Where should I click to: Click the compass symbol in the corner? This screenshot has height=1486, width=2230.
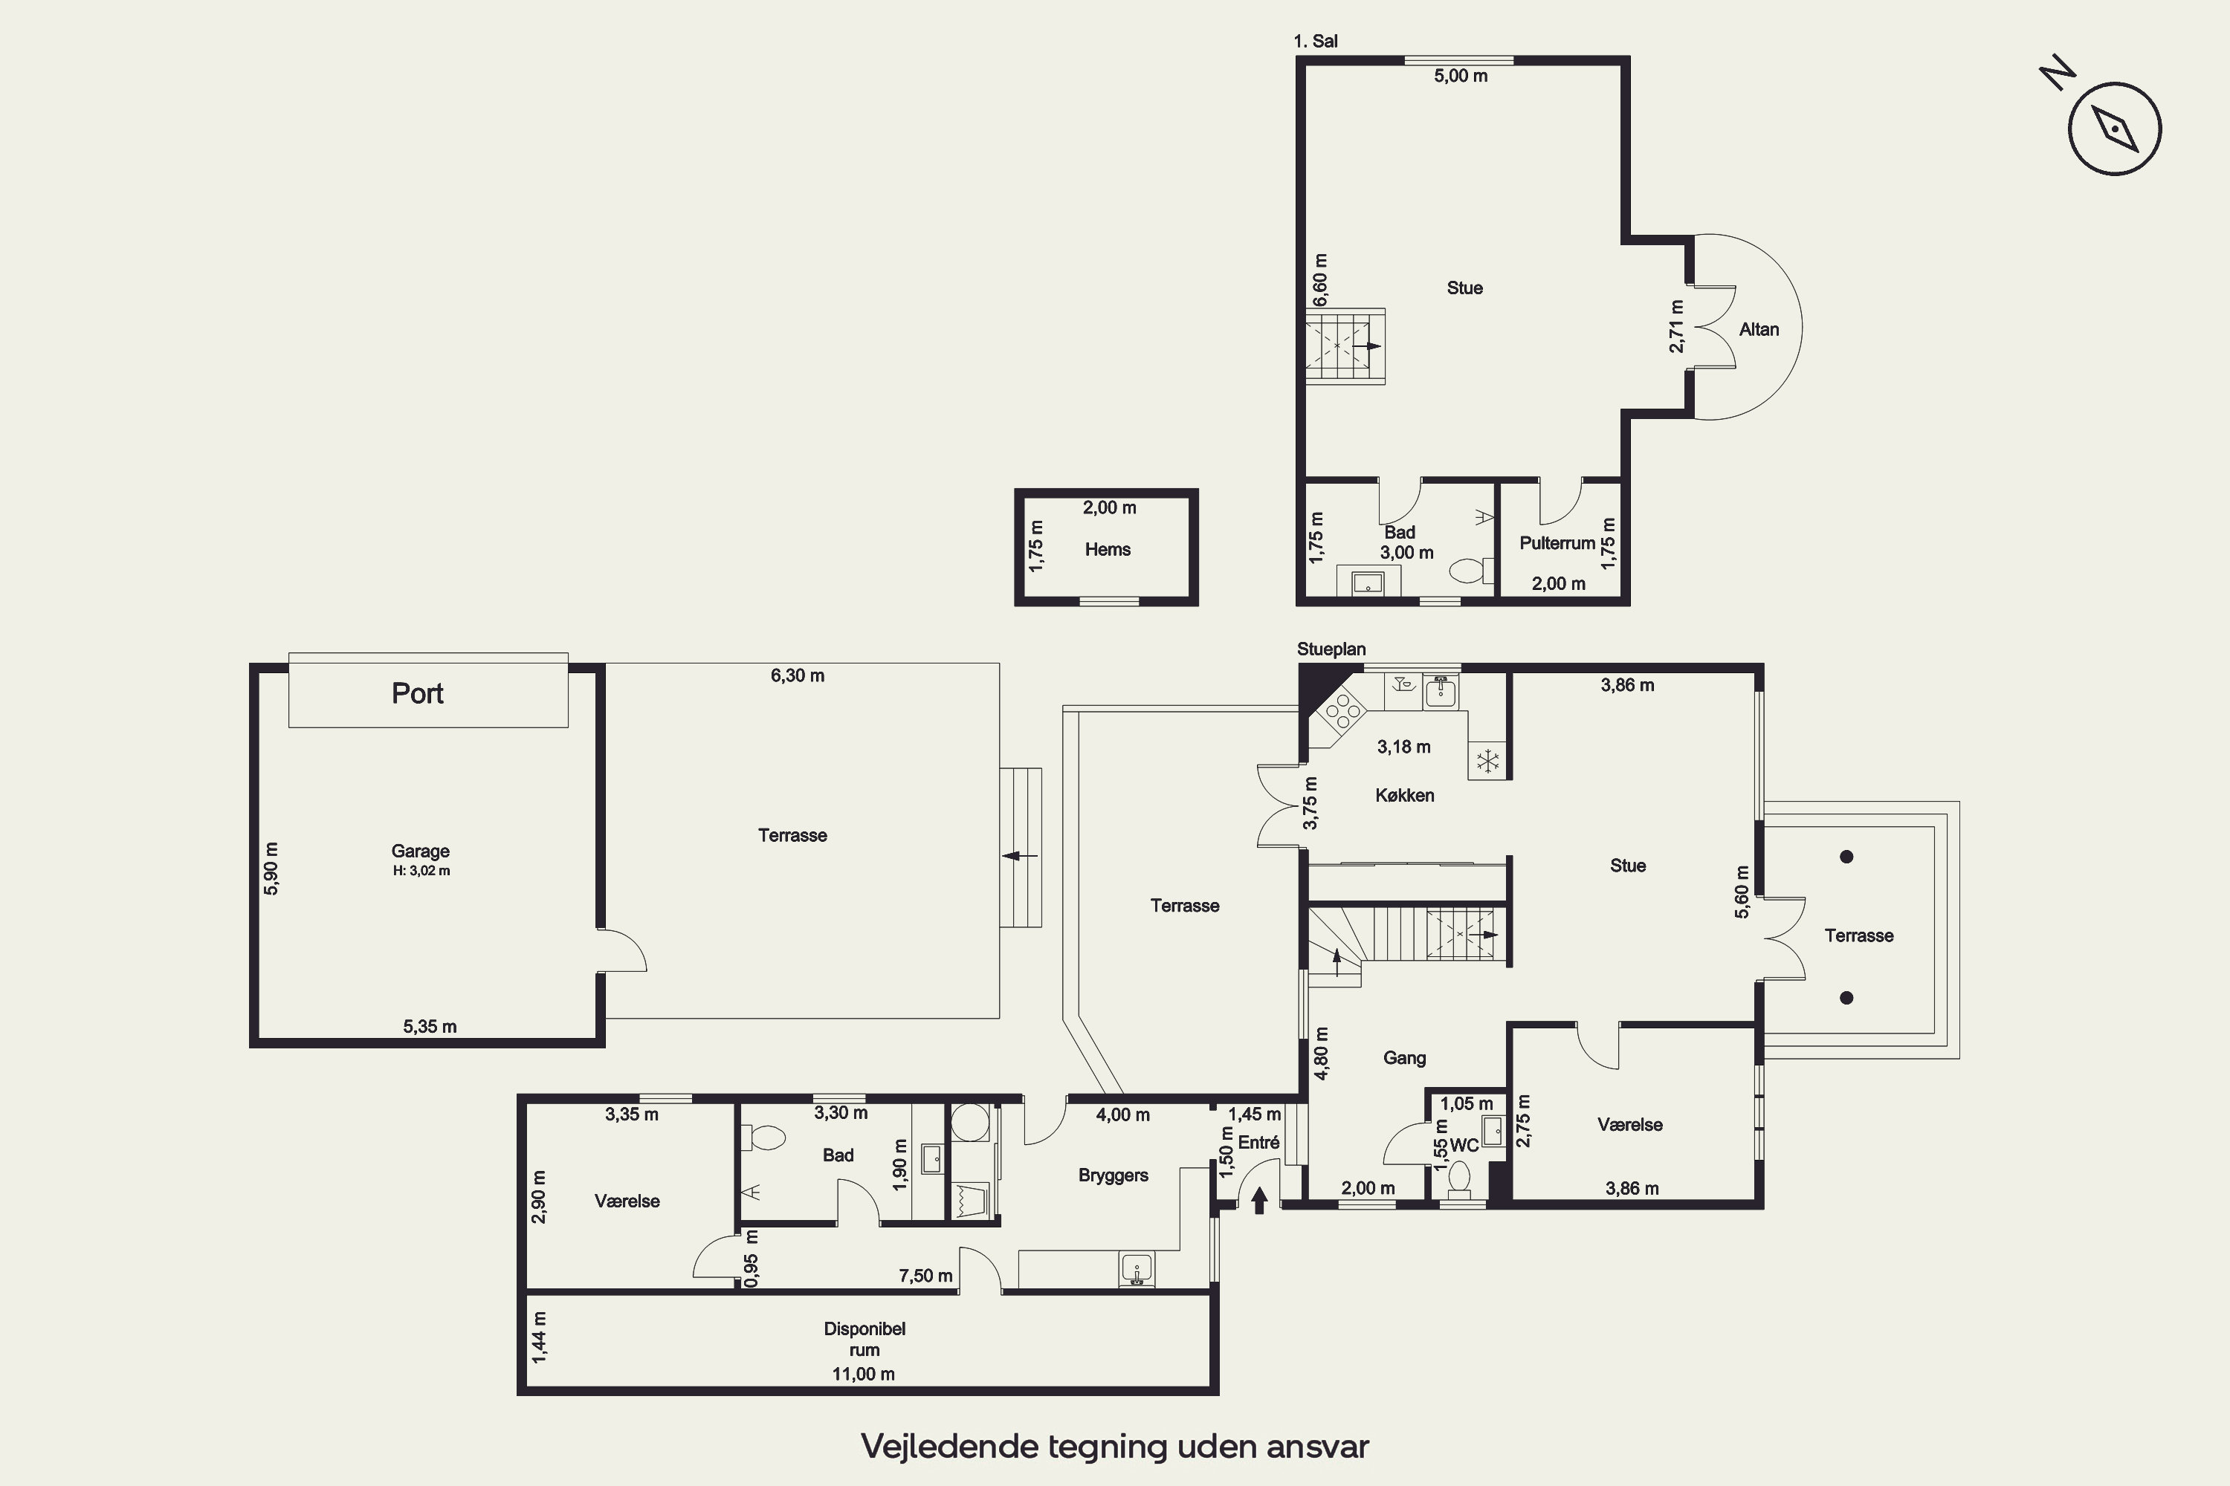click(x=2114, y=128)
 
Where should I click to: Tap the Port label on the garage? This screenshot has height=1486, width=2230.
click(x=417, y=692)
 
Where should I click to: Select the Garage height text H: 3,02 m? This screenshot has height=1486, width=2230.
click(x=421, y=871)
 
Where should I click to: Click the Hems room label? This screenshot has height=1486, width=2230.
click(x=1108, y=550)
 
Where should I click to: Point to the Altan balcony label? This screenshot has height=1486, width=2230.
click(x=1759, y=330)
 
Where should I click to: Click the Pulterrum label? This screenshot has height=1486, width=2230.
click(x=1557, y=543)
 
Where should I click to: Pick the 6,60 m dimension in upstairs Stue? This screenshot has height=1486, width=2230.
click(x=1320, y=279)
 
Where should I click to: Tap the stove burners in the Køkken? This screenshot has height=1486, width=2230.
click(x=1343, y=711)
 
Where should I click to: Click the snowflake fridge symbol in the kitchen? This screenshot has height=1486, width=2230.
click(x=1487, y=760)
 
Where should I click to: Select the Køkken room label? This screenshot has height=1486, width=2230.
click(x=1404, y=796)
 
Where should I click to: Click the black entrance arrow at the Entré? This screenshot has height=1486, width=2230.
click(x=1259, y=1201)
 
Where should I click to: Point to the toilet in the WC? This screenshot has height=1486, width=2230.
click(x=1459, y=1180)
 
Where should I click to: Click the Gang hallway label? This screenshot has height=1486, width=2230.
click(x=1404, y=1057)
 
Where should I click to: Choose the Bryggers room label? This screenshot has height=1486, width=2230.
click(x=1113, y=1175)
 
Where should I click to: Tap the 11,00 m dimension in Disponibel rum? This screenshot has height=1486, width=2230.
click(x=864, y=1374)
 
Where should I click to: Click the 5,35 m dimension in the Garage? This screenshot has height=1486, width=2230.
click(x=430, y=1026)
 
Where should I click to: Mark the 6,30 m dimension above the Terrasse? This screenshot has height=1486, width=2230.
click(x=798, y=675)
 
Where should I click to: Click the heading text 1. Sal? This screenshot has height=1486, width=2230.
click(x=1315, y=41)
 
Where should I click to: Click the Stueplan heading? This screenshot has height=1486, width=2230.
click(x=1331, y=649)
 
